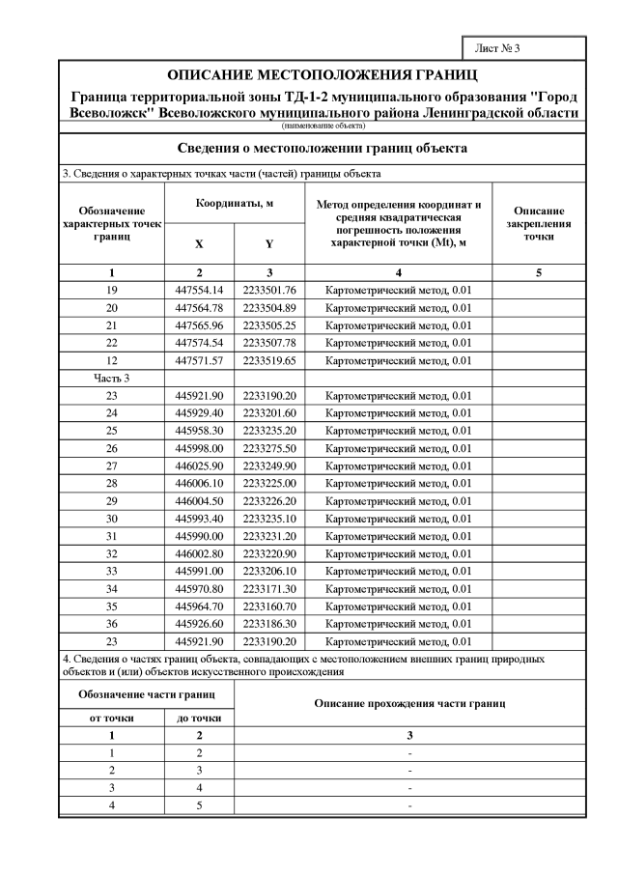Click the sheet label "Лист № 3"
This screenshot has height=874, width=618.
[498, 48]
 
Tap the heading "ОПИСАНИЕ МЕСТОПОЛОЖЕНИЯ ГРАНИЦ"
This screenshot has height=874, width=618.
[323, 75]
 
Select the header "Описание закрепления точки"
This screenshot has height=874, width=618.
[539, 223]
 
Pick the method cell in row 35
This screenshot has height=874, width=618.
[399, 606]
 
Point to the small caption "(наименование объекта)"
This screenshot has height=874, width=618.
[323, 127]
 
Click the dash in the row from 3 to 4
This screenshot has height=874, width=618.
[409, 788]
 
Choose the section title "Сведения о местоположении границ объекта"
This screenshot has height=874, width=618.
[323, 149]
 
